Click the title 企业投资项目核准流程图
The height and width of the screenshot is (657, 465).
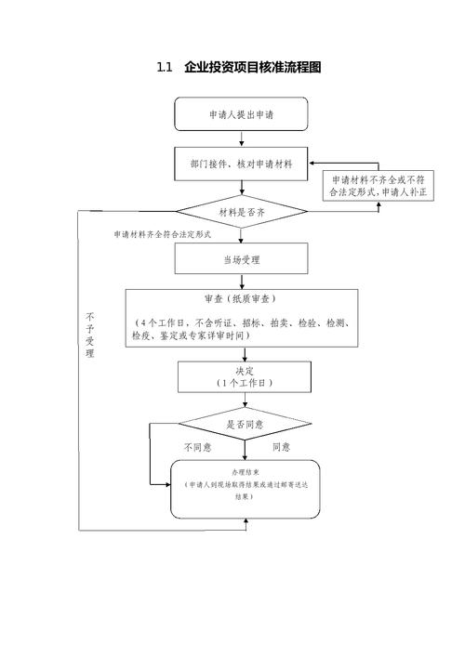click(x=252, y=68)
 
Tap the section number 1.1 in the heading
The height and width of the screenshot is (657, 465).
click(x=165, y=68)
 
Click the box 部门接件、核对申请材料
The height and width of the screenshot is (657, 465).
click(x=241, y=164)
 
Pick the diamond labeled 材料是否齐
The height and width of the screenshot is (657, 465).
click(x=241, y=212)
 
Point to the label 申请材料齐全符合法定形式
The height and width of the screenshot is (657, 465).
click(x=163, y=234)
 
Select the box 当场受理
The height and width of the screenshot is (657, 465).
click(x=241, y=259)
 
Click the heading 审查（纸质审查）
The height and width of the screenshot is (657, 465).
click(x=241, y=299)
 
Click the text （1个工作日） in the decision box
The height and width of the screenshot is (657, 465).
click(x=244, y=383)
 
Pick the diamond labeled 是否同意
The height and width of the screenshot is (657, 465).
click(x=244, y=424)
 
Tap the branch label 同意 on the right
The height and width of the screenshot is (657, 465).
click(x=281, y=447)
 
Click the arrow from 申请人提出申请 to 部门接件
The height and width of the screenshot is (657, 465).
click(x=242, y=138)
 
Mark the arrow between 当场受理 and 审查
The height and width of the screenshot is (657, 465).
click(x=242, y=281)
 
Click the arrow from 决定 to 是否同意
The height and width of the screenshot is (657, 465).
click(x=244, y=400)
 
